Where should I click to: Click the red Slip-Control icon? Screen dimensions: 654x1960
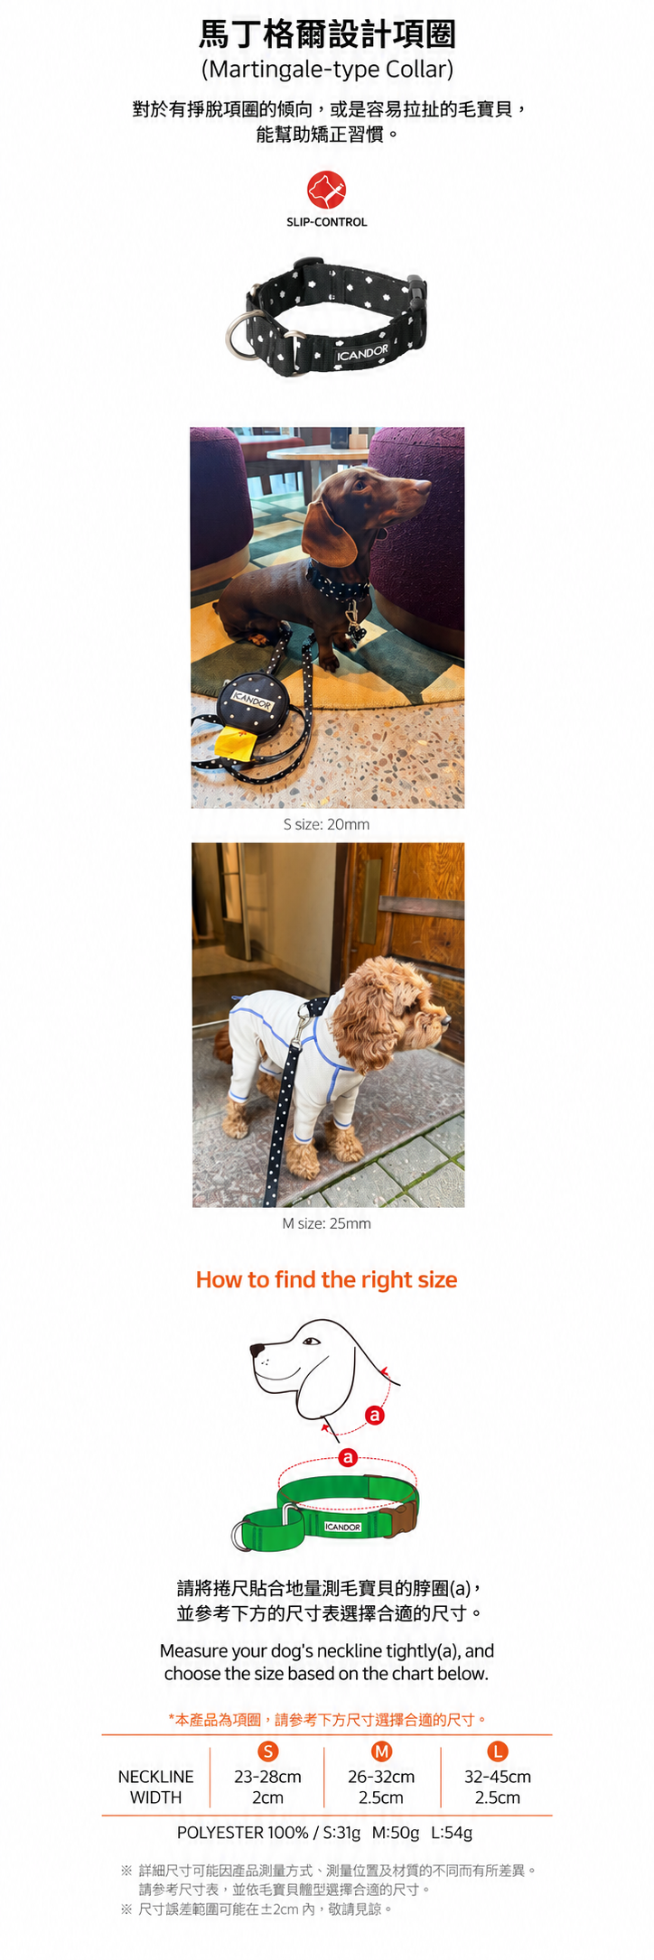pos(326,190)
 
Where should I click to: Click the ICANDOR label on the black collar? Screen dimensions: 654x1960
pos(362,352)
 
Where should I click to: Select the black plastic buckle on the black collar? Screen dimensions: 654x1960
pos(415,290)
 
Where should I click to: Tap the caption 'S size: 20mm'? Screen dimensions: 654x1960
pos(326,824)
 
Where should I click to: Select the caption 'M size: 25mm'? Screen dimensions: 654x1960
pos(326,1223)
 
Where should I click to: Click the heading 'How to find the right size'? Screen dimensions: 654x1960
pos(326,1279)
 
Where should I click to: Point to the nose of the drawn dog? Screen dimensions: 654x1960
pos(257,1352)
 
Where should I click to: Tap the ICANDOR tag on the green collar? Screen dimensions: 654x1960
pos(342,1527)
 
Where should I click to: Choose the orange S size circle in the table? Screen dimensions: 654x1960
pos(267,1751)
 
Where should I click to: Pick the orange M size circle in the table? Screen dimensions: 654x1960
pos(381,1751)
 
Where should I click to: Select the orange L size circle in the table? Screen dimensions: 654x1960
pos(497,1751)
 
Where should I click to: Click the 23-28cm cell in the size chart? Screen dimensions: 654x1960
pos(267,1776)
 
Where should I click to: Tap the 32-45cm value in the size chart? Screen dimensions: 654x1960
pos(497,1776)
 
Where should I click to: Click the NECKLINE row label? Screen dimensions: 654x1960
pos(155,1776)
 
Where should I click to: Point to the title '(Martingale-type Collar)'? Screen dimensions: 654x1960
pos(327,70)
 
